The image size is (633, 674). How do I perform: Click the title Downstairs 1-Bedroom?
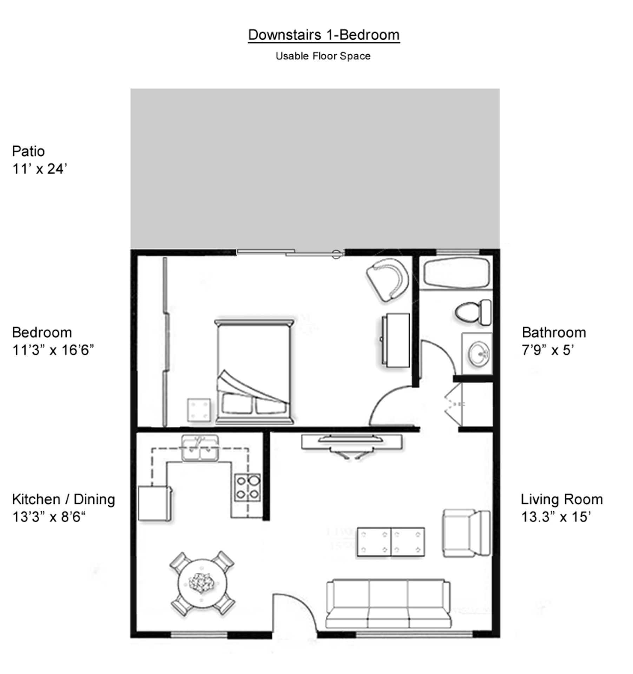click(x=323, y=35)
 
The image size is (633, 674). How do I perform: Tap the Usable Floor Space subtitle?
click(x=323, y=56)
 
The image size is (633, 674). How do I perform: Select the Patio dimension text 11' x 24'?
click(x=39, y=169)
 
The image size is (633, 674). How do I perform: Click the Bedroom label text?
click(x=42, y=332)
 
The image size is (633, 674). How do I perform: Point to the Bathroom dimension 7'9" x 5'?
click(x=547, y=350)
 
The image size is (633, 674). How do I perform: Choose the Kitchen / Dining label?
click(x=63, y=499)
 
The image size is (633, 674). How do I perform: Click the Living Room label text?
click(x=561, y=499)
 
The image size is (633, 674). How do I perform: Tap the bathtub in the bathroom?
click(x=456, y=273)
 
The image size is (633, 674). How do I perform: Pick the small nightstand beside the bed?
click(x=199, y=410)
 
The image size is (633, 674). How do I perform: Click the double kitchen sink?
click(x=200, y=449)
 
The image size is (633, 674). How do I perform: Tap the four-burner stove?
click(x=248, y=487)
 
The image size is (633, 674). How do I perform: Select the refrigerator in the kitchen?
click(x=154, y=503)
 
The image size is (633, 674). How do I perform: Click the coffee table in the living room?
click(x=390, y=541)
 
